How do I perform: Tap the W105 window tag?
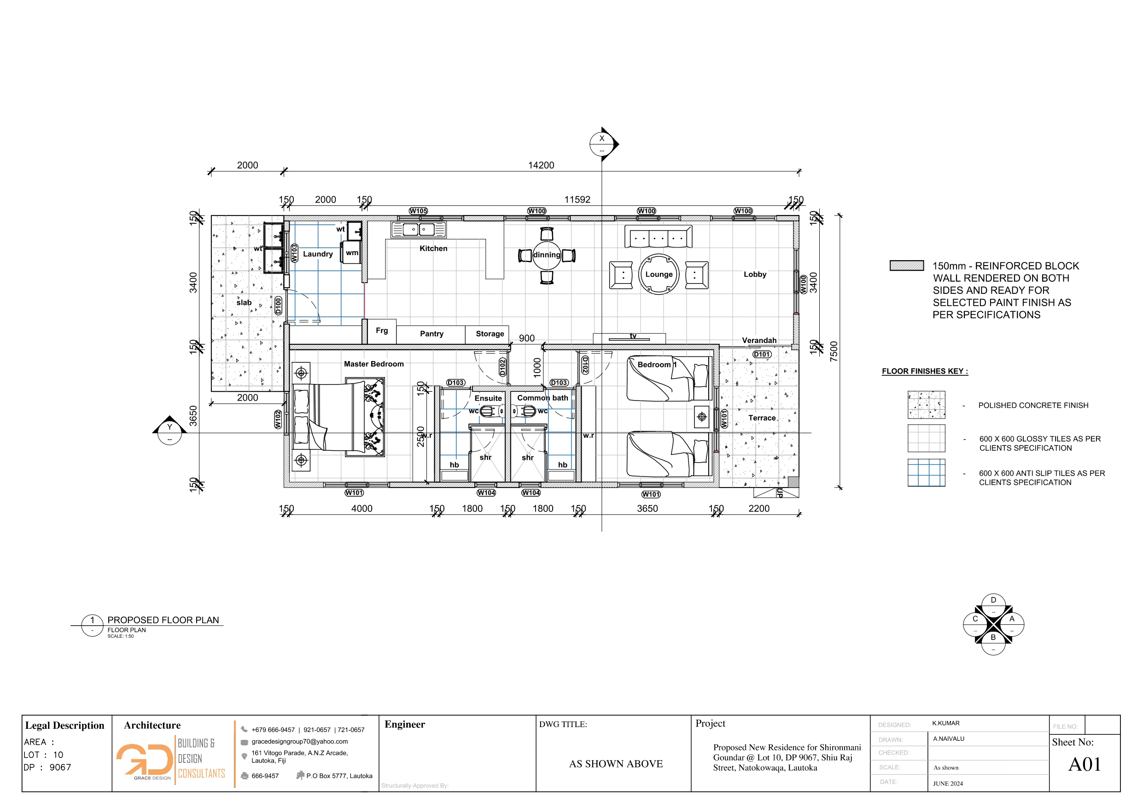coord(418,211)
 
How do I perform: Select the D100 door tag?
coord(278,305)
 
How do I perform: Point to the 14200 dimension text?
coord(541,165)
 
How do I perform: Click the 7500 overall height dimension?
coord(834,351)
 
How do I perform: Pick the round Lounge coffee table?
coord(659,274)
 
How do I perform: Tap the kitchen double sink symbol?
coord(418,229)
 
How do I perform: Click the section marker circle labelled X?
coord(602,144)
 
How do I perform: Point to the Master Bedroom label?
coord(373,364)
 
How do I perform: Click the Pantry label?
coord(432,334)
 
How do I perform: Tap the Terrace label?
coord(762,418)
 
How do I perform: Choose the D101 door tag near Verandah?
coord(762,355)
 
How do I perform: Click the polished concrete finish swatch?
coord(926,405)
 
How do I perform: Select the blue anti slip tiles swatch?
coord(926,472)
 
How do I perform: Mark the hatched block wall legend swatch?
coord(907,266)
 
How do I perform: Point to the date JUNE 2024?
coord(948,784)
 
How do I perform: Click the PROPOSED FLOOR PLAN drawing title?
coord(163,620)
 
